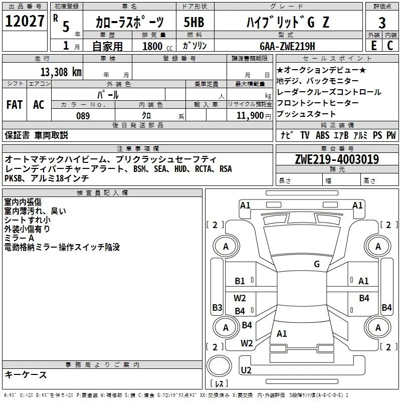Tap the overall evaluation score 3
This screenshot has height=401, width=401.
click(x=382, y=22)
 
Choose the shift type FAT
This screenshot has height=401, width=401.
click(x=14, y=105)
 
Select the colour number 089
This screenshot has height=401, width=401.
click(x=83, y=116)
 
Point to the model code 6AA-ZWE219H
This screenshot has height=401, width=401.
click(x=287, y=46)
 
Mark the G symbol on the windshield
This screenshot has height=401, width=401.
click(x=317, y=264)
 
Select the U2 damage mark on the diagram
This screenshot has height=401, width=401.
click(x=246, y=370)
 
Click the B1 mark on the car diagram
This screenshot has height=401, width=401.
click(x=240, y=281)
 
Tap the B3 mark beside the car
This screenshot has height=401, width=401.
click(x=217, y=307)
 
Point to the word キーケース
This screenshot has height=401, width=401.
click(x=26, y=375)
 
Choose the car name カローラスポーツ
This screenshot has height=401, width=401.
click(x=130, y=22)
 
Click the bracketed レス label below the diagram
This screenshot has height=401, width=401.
click(x=219, y=384)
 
